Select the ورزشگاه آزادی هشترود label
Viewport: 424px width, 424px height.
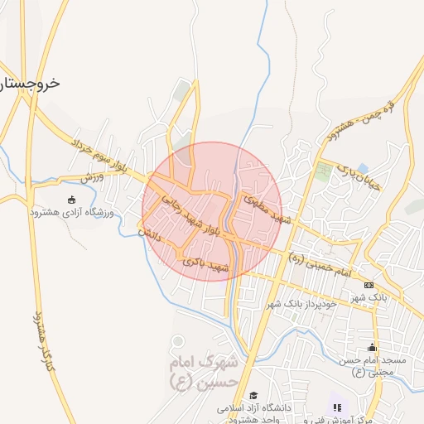[71, 213]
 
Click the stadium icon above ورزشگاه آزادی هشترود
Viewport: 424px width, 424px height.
[71, 199]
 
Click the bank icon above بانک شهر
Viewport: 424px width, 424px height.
[369, 285]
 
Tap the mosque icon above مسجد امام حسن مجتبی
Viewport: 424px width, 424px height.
[373, 347]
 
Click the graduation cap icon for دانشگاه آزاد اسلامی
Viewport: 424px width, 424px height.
[254, 395]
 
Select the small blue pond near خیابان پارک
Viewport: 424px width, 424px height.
[363, 168]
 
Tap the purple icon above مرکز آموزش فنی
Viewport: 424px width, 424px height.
[336, 406]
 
